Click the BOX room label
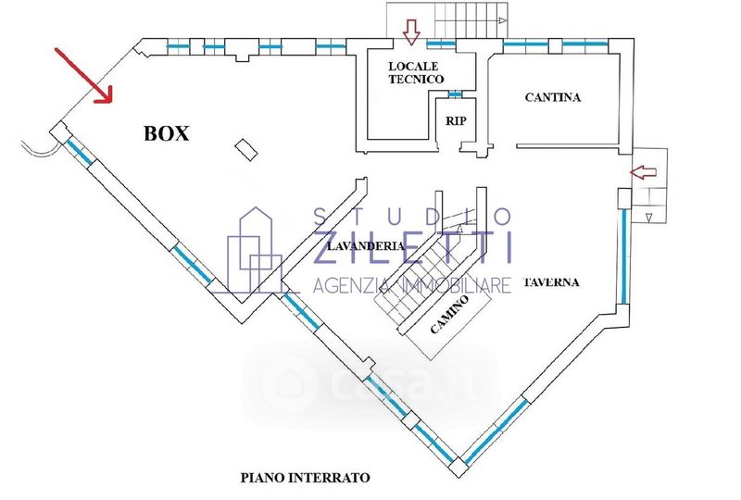(x=167, y=133)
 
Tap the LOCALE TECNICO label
(x=414, y=73)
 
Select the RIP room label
(x=455, y=120)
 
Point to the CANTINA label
(x=553, y=97)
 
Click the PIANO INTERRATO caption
(x=306, y=478)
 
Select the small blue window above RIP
(x=455, y=94)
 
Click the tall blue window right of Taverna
(x=627, y=255)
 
